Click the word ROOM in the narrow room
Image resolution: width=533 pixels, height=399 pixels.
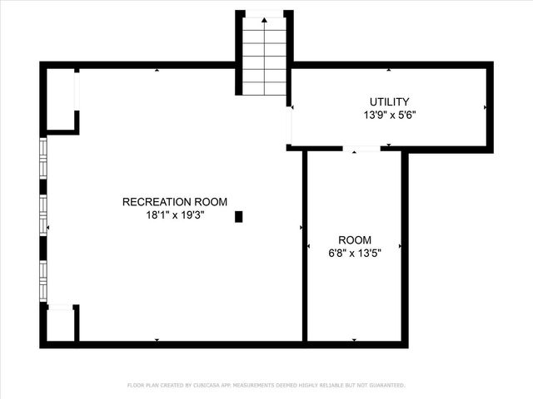tap(355, 240)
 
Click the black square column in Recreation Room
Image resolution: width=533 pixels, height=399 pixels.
tap(239, 217)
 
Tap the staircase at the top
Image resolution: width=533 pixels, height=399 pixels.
tap(265, 58)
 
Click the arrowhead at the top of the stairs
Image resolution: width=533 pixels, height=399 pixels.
tap(265, 21)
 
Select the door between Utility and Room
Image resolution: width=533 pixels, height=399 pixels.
tap(361, 149)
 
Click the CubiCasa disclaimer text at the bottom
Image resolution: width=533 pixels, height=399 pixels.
tap(266, 385)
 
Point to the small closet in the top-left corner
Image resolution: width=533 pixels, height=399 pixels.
tap(61, 99)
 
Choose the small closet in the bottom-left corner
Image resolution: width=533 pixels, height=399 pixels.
tap(60, 325)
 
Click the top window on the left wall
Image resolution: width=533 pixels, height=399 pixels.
tap(43, 163)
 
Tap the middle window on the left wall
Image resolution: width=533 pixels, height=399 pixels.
tap(43, 216)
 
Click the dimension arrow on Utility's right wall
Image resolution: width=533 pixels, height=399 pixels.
tap(485, 107)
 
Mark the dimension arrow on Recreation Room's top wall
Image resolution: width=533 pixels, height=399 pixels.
tap(157, 70)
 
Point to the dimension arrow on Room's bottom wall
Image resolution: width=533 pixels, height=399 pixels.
tap(355, 340)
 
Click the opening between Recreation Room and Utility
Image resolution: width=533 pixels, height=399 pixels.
tap(291, 125)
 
